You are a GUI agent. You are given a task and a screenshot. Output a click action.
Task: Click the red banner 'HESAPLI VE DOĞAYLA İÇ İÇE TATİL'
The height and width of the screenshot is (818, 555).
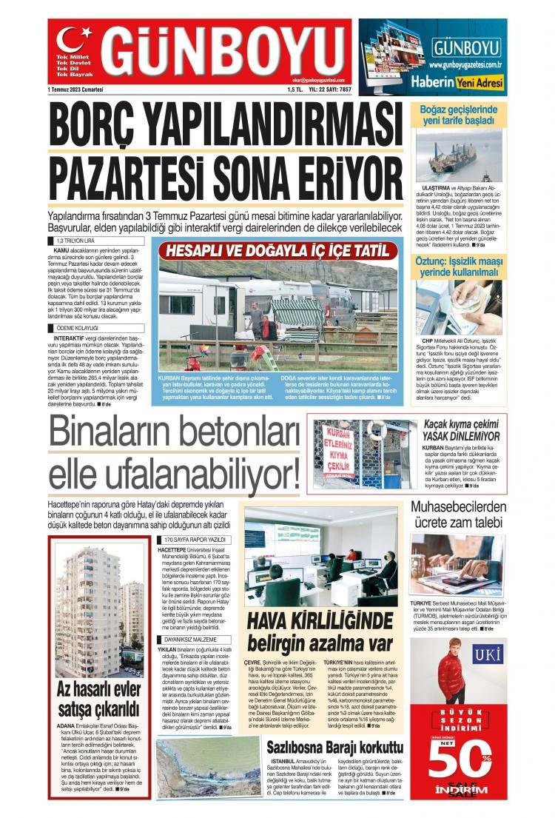click(x=277, y=250)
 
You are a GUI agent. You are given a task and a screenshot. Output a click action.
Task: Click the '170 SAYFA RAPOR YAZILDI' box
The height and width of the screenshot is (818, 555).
click(x=195, y=540)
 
